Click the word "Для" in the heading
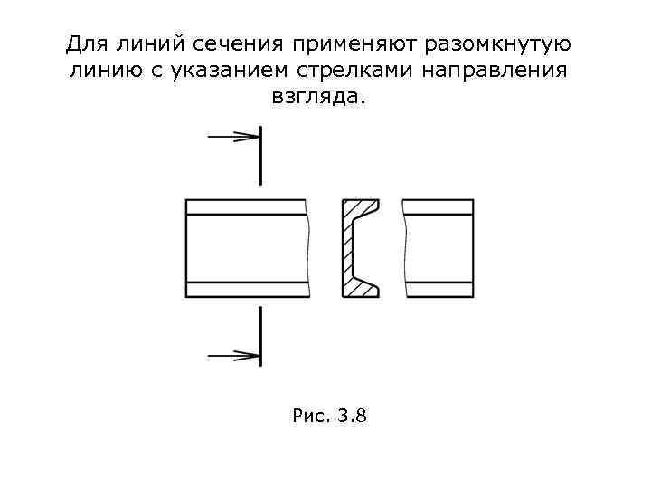coord(86,44)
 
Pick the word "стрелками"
coord(344,71)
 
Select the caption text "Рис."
coord(311,417)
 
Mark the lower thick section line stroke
coord(260,335)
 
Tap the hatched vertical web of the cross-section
coord(346,249)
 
